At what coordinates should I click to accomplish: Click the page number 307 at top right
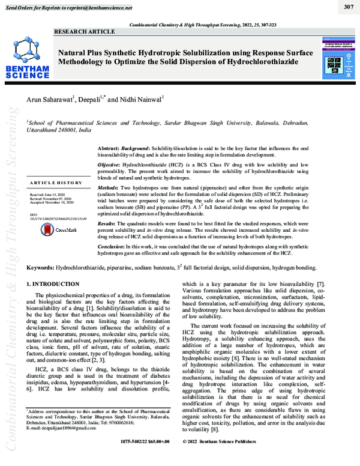pos(348,7)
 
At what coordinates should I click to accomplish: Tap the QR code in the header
pos(334,63)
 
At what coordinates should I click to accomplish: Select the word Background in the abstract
pos(136,147)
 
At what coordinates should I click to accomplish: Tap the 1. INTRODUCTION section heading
pos(53,283)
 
